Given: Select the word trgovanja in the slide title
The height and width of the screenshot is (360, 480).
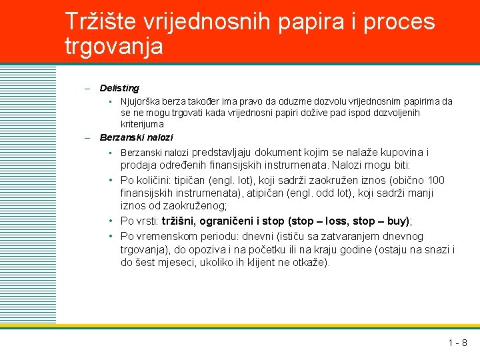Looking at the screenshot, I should click(114, 47).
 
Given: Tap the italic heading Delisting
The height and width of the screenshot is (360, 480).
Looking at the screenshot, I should click(119, 88).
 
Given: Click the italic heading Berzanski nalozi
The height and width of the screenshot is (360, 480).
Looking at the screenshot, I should click(136, 137).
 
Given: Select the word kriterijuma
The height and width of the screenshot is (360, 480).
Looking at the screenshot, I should click(142, 124).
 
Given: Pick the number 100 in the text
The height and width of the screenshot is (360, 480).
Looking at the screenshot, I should click(437, 180).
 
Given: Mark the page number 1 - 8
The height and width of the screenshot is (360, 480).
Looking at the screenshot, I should click(457, 343).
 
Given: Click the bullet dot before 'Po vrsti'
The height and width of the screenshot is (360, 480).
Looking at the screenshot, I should click(111, 221).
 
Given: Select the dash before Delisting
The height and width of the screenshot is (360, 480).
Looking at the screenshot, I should click(87, 88).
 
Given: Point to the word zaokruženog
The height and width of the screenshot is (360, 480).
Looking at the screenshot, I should click(199, 207).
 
